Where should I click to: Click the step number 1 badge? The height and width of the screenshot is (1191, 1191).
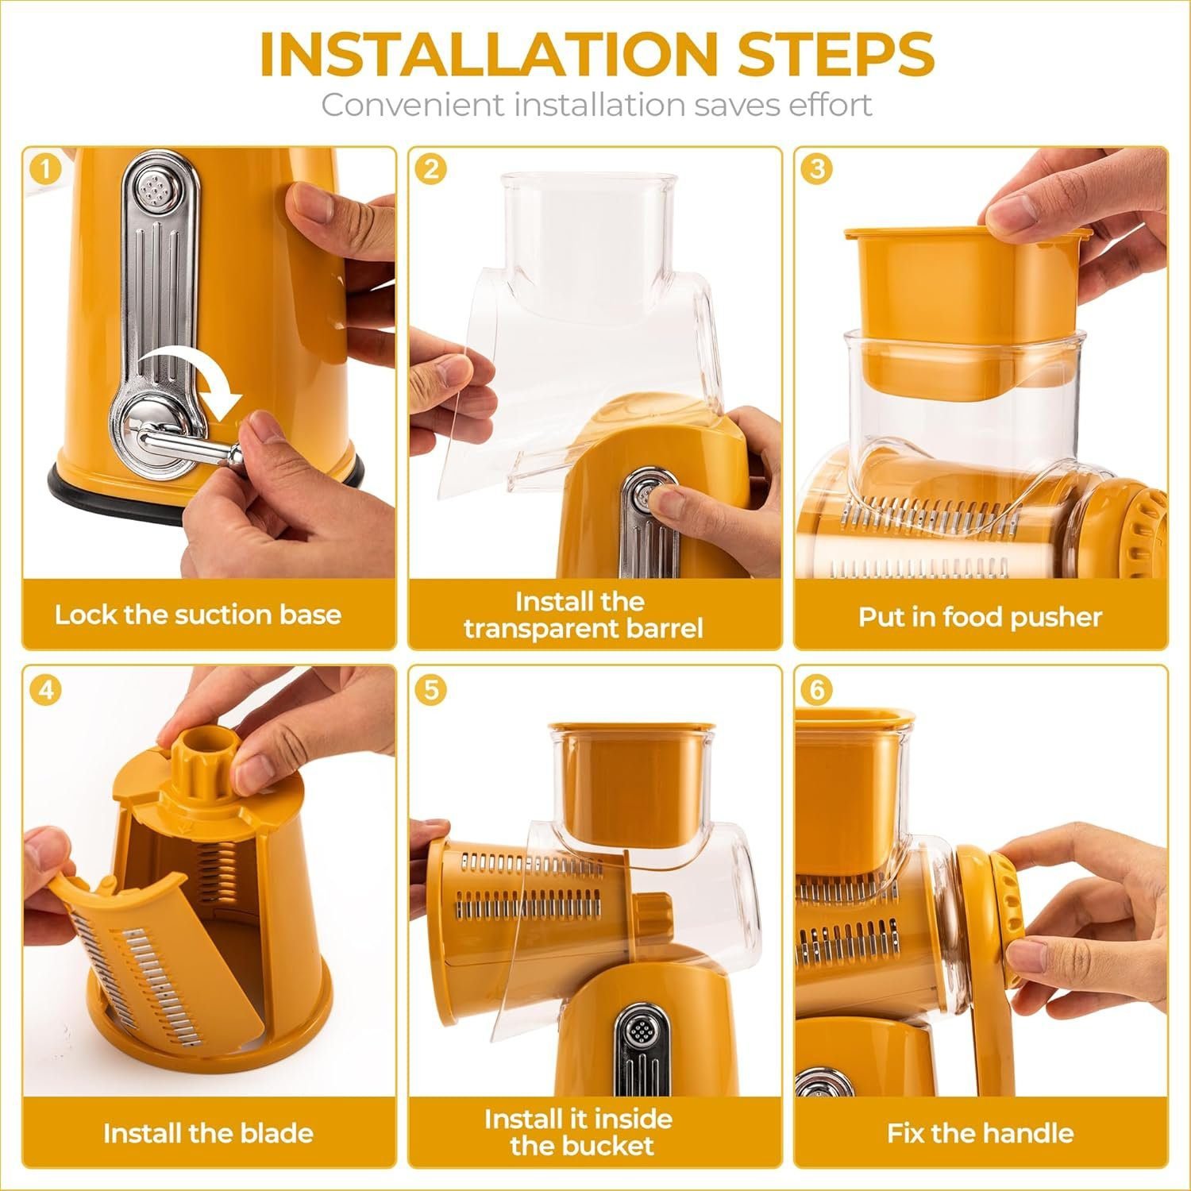[47, 169]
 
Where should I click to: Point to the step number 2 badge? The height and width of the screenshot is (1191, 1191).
[431, 169]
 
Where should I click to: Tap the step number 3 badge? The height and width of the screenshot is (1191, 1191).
[817, 169]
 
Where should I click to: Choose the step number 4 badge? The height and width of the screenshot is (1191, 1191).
[47, 689]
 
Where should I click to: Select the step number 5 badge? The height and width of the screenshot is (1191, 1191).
[431, 689]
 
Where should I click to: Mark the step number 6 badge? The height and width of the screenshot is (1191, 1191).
[817, 689]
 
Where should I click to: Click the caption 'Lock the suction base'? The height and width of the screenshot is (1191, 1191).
[198, 615]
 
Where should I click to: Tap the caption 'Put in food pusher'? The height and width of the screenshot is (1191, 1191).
[980, 617]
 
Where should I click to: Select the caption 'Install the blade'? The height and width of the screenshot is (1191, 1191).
[208, 1133]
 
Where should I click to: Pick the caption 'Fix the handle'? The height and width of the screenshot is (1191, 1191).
[980, 1133]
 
